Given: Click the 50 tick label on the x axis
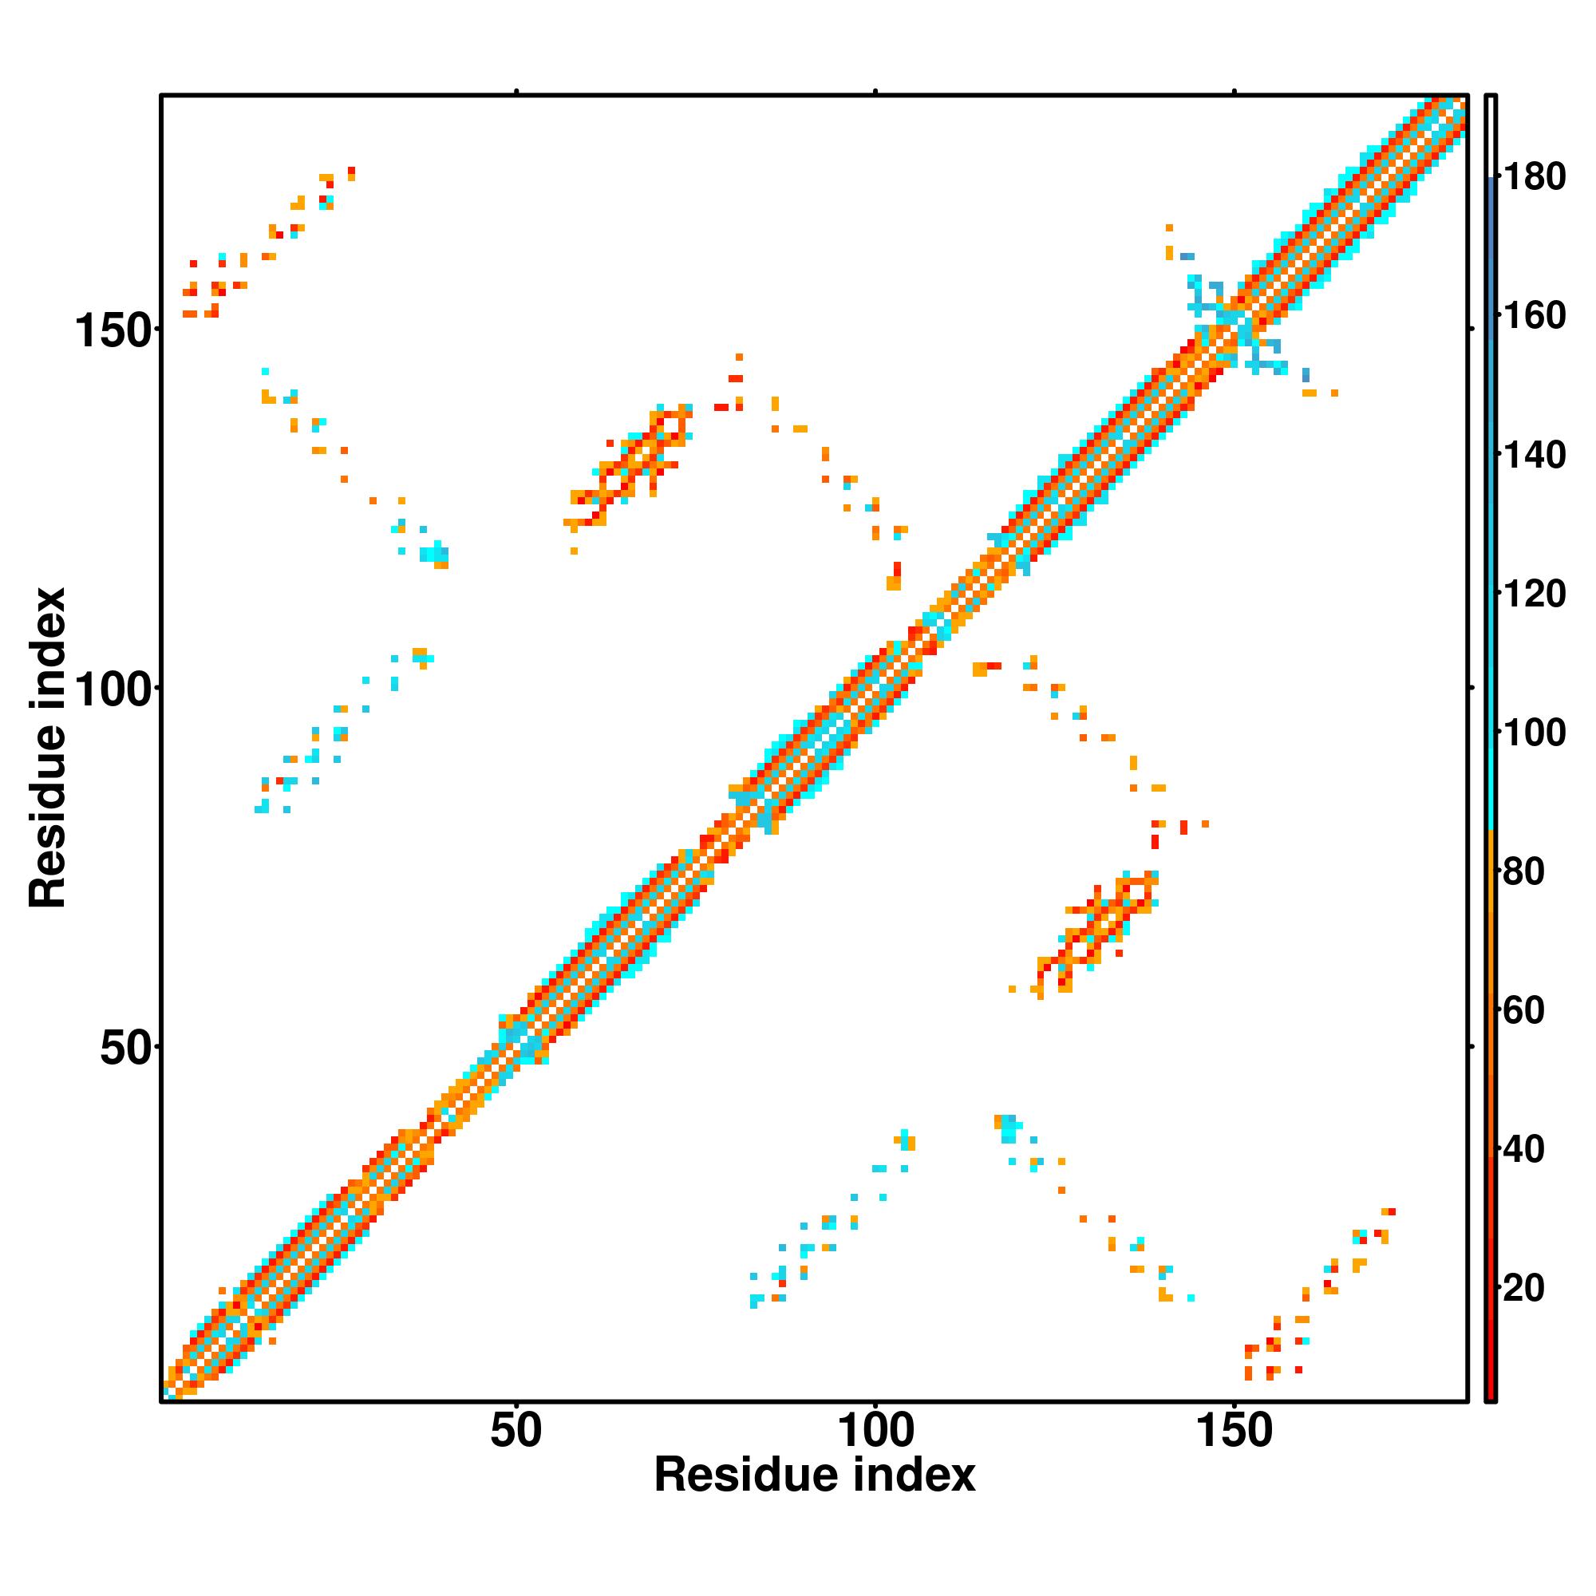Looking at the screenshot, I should pyautogui.click(x=516, y=1431).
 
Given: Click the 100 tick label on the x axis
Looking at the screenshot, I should pyautogui.click(x=875, y=1431).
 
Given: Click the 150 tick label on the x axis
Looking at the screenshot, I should pyautogui.click(x=1235, y=1431).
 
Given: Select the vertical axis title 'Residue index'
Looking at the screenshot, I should pyautogui.click(x=47, y=748).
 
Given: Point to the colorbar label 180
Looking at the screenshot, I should pyautogui.click(x=1533, y=177).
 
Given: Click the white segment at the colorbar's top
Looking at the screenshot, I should pyautogui.click(x=1491, y=136).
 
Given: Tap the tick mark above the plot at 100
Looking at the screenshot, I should pyautogui.click(x=875, y=92).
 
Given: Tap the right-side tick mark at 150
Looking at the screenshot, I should pyautogui.click(x=1472, y=330).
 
